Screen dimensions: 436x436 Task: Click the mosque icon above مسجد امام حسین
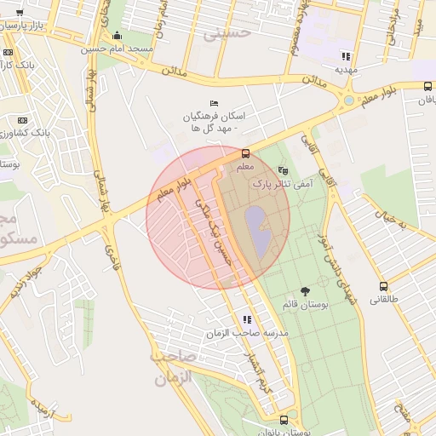point(117,36)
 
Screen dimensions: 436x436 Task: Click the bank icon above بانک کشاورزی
point(23,120)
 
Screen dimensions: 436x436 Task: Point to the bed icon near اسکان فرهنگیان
point(214,103)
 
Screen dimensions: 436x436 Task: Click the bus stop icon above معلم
point(246,154)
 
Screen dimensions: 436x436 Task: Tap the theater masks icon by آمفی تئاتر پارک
point(283,171)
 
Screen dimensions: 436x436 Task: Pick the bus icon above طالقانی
point(384,287)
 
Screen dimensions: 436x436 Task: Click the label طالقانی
point(384,300)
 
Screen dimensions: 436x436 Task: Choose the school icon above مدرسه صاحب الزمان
point(247,319)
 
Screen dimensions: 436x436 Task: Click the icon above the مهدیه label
point(346,55)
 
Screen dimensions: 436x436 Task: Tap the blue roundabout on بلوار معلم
point(349,101)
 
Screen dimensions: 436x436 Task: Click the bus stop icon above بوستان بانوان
point(284,420)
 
